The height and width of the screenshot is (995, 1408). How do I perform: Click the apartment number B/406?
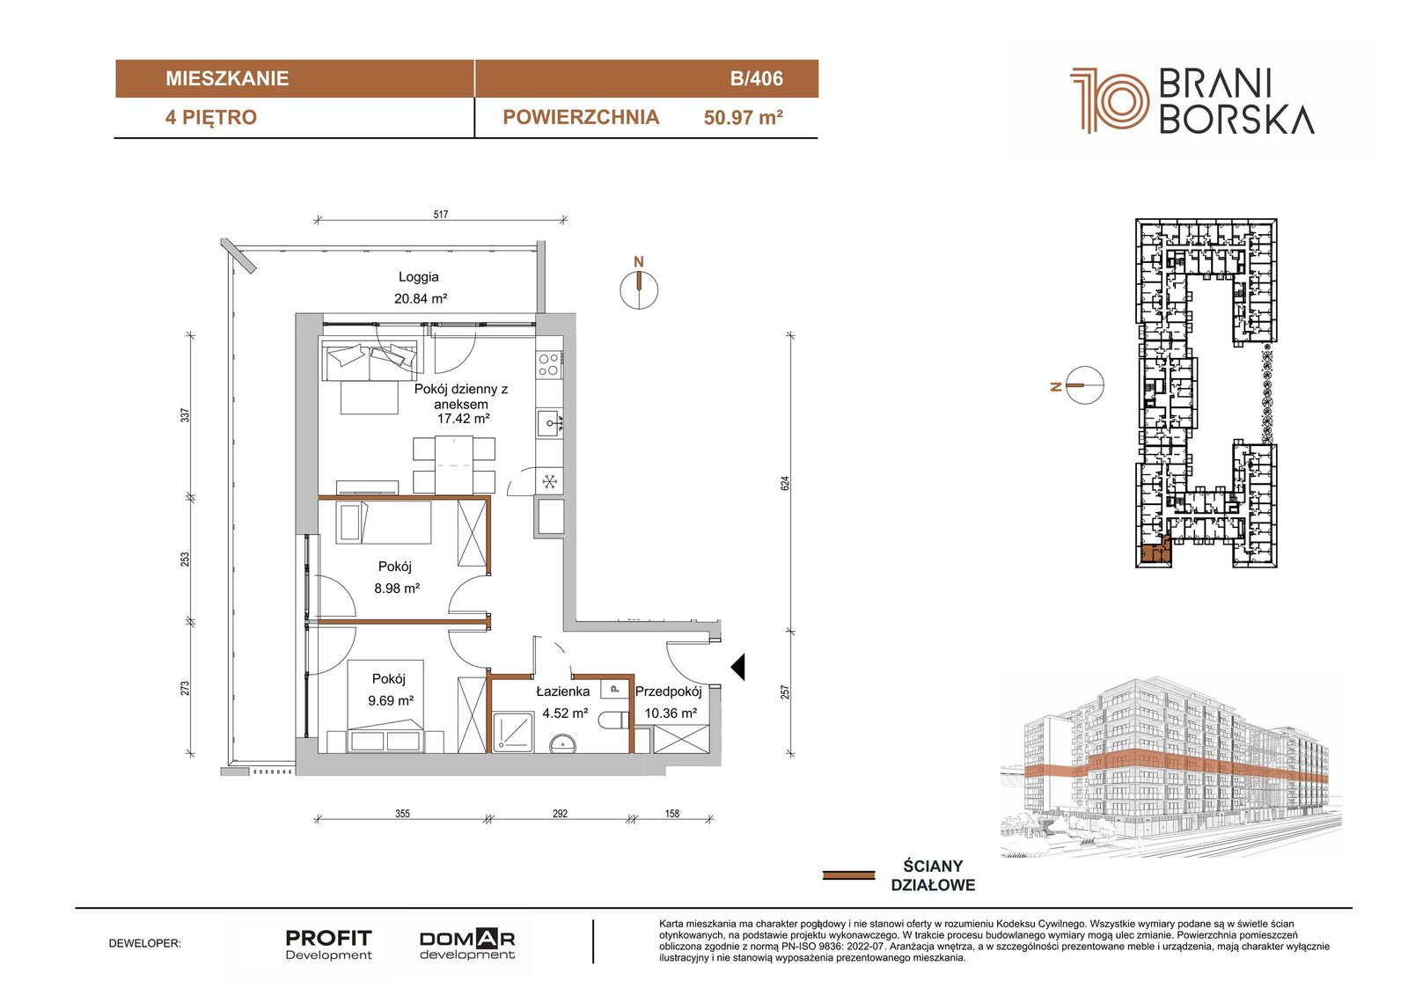click(x=756, y=78)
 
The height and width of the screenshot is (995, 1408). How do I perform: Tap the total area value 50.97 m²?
click(x=743, y=118)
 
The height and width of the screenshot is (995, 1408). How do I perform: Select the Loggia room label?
click(x=419, y=276)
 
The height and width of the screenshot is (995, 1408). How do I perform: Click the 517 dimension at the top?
click(x=441, y=215)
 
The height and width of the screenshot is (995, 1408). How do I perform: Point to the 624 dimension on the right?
click(x=784, y=483)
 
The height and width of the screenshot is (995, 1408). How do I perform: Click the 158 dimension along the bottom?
click(x=672, y=814)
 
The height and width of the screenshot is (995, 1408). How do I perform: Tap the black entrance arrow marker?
click(x=738, y=667)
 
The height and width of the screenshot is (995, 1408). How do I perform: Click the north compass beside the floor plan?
click(x=639, y=290)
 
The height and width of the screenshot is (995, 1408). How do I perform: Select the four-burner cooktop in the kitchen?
click(x=549, y=364)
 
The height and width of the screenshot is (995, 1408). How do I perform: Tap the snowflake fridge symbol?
click(x=550, y=482)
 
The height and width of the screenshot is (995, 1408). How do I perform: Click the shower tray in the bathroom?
click(x=513, y=731)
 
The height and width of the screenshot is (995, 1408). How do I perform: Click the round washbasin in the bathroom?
click(x=562, y=745)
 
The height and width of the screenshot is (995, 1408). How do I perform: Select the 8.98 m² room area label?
click(x=397, y=589)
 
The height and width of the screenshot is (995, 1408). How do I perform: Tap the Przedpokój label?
click(x=668, y=692)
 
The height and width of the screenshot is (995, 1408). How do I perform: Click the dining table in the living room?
click(x=454, y=465)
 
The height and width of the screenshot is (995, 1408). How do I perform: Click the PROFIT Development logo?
click(x=329, y=945)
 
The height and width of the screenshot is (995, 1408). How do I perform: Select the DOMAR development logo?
click(x=467, y=944)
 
